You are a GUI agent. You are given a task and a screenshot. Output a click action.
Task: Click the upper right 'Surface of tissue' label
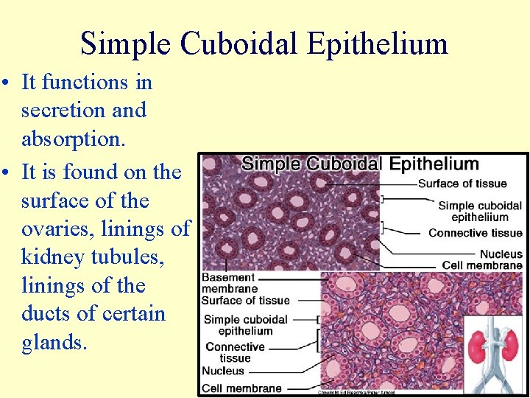point(472,184)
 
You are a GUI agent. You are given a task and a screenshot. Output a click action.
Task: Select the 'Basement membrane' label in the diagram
point(230,283)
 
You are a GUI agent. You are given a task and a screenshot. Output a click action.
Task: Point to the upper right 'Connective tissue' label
point(475,233)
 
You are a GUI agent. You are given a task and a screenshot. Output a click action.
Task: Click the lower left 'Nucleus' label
point(223,371)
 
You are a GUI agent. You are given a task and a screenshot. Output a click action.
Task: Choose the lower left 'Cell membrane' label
point(241,388)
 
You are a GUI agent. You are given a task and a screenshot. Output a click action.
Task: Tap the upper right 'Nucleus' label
point(501,254)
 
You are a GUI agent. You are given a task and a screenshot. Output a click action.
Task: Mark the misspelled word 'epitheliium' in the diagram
point(480,217)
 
